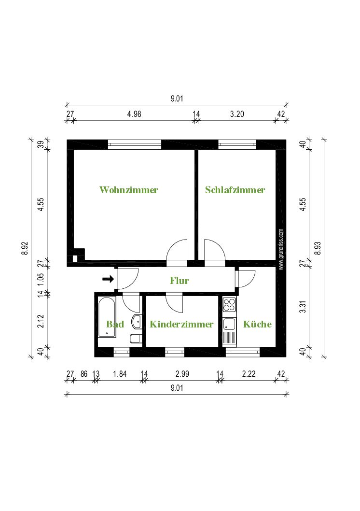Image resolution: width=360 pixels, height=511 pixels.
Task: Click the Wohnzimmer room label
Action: (x=128, y=190)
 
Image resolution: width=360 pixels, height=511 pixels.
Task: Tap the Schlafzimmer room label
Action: (x=235, y=190)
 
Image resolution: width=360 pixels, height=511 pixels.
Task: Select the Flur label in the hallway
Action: (x=180, y=281)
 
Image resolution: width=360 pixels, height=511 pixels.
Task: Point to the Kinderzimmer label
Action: (x=181, y=324)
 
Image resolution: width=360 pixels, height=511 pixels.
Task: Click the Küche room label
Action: (x=257, y=324)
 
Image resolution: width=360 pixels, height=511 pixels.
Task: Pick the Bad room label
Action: (x=115, y=324)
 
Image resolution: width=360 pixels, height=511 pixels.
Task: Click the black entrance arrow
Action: (x=108, y=279)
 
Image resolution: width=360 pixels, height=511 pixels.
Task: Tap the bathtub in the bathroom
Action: (x=107, y=317)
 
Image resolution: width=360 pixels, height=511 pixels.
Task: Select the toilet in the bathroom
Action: (x=136, y=338)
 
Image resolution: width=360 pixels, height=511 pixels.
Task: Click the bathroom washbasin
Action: (x=137, y=322)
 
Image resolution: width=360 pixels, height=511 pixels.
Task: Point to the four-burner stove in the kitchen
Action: (x=229, y=305)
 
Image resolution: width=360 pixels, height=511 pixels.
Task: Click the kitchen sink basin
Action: (x=229, y=324)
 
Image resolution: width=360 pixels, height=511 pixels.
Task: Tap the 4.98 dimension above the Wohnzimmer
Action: (x=134, y=114)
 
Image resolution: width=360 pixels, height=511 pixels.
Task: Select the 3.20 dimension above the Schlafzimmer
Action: (x=237, y=114)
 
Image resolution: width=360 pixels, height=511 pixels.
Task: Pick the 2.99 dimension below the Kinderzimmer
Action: (x=182, y=374)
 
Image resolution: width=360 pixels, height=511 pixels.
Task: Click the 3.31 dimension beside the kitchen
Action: (x=303, y=306)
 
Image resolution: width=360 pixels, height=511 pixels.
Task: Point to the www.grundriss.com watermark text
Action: (x=281, y=249)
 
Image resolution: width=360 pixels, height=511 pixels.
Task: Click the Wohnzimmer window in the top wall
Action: (x=135, y=144)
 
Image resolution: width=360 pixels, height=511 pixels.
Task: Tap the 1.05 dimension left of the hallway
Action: (x=41, y=279)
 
